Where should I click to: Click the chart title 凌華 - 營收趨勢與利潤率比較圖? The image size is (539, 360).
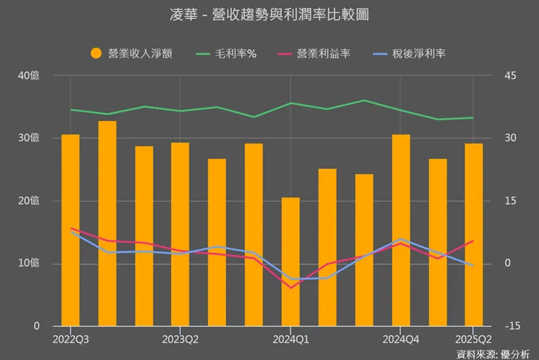click(269, 15)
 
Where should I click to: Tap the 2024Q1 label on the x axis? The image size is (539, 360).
click(291, 339)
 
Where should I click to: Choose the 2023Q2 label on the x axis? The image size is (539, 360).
click(180, 339)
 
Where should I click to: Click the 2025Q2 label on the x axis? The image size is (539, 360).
click(473, 339)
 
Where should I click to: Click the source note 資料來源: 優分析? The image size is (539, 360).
click(493, 353)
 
